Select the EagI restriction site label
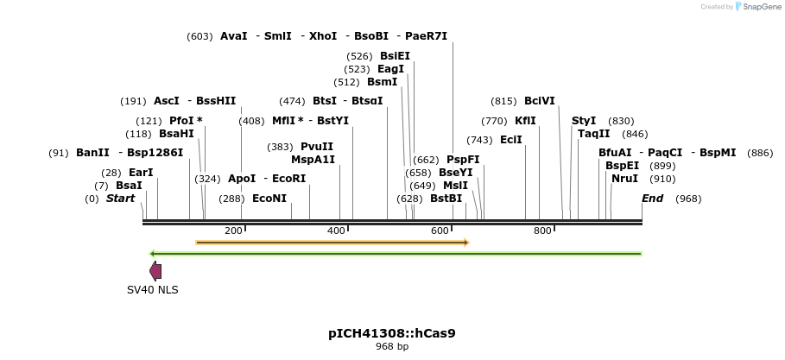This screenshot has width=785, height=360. [390, 69]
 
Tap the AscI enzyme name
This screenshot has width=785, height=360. [167, 101]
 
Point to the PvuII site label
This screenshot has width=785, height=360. [316, 147]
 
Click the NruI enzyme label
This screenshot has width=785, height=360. [624, 179]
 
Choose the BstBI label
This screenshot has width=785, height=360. [446, 199]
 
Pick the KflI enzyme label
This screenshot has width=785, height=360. [525, 121]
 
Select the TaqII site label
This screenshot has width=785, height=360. [593, 134]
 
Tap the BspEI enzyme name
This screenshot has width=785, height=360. [622, 166]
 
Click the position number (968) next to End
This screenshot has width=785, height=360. [687, 199]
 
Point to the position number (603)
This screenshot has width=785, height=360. [199, 36]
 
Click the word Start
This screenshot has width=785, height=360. [120, 199]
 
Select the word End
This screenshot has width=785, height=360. [652, 199]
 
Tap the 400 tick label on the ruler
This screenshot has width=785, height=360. [335, 231]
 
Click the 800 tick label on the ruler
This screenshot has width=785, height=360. [541, 231]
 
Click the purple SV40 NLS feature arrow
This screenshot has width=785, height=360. [155, 271]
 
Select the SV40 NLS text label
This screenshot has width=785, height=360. [152, 290]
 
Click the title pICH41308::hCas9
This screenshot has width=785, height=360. [391, 332]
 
